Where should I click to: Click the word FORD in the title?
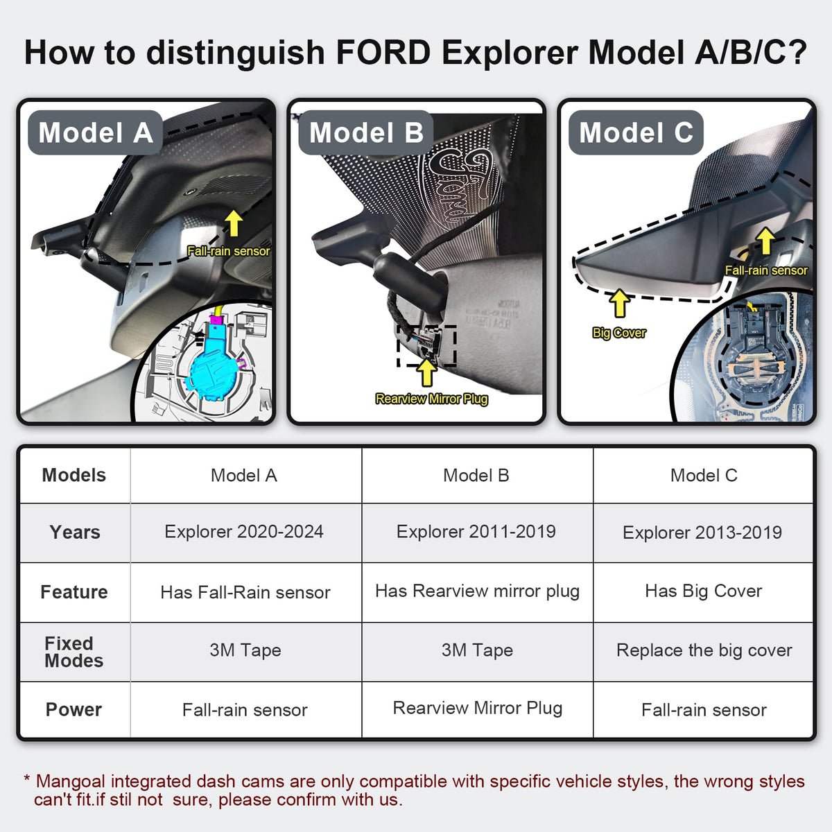[382, 53]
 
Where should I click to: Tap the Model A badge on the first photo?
[95, 132]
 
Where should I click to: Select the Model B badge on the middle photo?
[366, 132]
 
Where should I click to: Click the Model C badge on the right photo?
[636, 132]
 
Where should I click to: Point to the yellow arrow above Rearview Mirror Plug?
[427, 372]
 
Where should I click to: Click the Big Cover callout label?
[619, 333]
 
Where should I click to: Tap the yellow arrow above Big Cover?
[619, 304]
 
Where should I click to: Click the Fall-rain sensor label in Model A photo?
[228, 251]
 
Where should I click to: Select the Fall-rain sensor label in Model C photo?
[766, 270]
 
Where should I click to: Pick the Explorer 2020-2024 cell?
[244, 532]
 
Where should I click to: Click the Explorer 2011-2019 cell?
[476, 532]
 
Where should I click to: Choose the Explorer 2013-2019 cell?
[702, 532]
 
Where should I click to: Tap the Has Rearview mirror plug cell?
[477, 591]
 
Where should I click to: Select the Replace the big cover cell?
[704, 650]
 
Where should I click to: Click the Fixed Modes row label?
[73, 652]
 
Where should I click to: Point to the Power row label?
[73, 710]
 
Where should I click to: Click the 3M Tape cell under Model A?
[245, 650]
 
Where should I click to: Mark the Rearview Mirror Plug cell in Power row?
[478, 708]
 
